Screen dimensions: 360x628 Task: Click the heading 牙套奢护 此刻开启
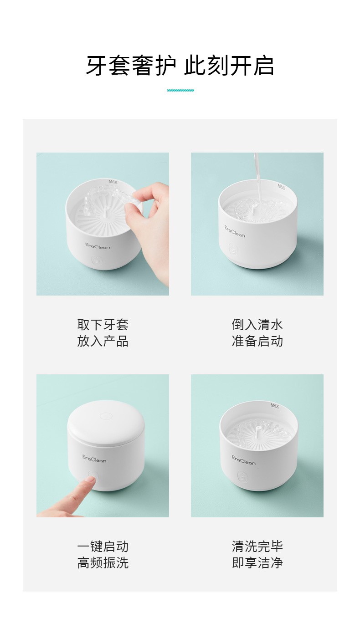[180, 66]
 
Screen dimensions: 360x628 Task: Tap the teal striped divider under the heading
[180, 90]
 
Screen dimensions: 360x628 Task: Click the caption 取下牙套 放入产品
[103, 333]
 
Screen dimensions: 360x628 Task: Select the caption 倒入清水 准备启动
[257, 333]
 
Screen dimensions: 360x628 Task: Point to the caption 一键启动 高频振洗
[103, 555]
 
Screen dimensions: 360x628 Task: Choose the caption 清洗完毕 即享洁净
[257, 555]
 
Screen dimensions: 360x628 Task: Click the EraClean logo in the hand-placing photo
[98, 246]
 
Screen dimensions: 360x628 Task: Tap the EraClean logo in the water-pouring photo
[235, 232]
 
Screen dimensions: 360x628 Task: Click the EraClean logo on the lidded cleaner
[94, 459]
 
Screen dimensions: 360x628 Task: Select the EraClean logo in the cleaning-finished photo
[243, 460]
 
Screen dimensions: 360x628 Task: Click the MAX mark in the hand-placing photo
[113, 182]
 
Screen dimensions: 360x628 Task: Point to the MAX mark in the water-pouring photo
[281, 186]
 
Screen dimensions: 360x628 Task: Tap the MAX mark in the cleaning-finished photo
[275, 405]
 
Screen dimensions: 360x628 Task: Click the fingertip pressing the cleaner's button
[91, 480]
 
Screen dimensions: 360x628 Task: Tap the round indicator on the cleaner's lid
[106, 415]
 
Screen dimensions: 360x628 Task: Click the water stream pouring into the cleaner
[257, 179]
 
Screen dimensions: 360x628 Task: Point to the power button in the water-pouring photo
[233, 249]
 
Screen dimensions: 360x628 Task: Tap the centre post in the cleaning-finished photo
[257, 430]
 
